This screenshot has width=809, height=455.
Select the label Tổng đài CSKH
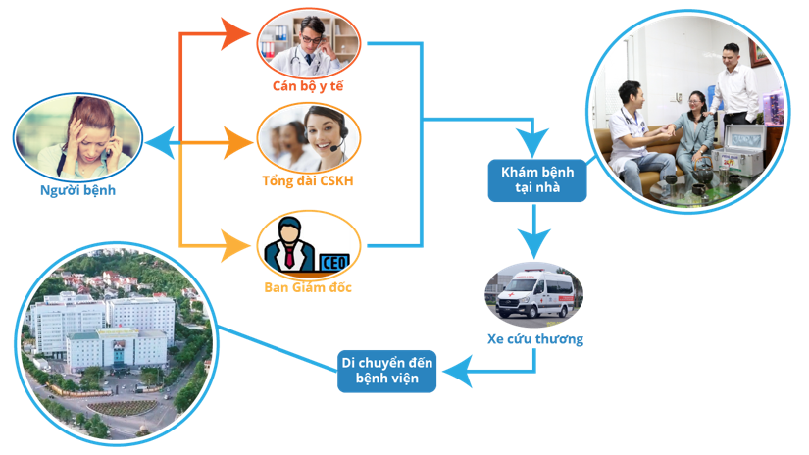[x=308, y=182]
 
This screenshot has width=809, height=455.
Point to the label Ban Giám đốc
[x=308, y=287]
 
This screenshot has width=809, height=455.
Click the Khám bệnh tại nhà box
[x=537, y=179]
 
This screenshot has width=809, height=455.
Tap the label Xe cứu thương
[x=535, y=339]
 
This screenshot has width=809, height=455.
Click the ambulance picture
[x=535, y=295]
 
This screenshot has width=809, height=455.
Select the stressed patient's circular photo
[x=78, y=135]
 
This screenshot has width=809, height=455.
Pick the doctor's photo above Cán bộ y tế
[x=309, y=41]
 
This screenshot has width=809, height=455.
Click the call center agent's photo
[x=309, y=137]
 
